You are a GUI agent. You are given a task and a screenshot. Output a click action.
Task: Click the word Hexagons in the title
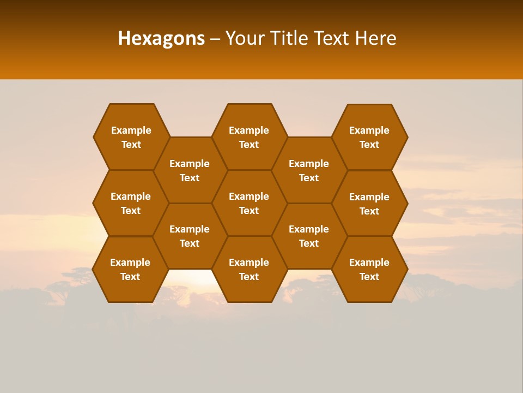click(161, 38)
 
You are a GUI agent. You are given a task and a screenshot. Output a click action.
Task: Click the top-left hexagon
click(131, 137)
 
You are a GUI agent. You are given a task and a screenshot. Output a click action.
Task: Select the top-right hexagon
click(369, 137)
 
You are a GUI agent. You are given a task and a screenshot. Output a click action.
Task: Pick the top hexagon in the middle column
click(249, 137)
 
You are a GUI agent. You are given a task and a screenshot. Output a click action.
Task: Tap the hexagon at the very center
click(249, 203)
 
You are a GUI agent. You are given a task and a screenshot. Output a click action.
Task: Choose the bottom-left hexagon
click(130, 269)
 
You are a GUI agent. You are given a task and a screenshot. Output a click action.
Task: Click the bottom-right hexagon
click(369, 269)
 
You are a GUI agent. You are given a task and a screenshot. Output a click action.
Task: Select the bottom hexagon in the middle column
click(249, 269)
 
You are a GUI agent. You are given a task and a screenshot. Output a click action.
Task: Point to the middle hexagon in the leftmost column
click(131, 203)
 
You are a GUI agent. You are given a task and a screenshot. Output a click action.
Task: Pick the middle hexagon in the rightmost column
click(369, 204)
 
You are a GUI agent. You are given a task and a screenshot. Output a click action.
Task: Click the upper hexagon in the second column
click(190, 170)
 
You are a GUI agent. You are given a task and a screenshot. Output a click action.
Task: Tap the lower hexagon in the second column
click(190, 236)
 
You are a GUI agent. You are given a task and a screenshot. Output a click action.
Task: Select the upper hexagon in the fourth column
click(309, 170)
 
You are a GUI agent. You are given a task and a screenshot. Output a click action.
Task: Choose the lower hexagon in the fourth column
click(309, 236)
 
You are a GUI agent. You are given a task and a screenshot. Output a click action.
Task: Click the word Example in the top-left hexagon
click(131, 130)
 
